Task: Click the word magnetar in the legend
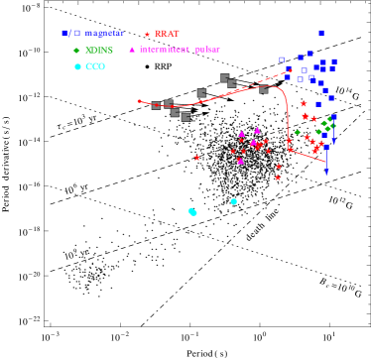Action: (103, 34)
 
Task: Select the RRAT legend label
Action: (167, 34)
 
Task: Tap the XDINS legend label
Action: (99, 50)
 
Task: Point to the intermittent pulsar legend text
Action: (180, 50)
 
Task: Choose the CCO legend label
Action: (95, 66)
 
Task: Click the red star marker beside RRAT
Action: (147, 34)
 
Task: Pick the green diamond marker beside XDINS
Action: (76, 50)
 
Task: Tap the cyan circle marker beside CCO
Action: (77, 66)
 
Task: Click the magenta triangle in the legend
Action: (132, 50)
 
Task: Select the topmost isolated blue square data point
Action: (321, 33)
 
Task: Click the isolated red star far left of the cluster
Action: (196, 157)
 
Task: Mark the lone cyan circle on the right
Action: (234, 201)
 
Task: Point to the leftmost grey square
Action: (156, 105)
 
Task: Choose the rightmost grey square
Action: (264, 89)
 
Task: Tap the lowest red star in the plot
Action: (278, 178)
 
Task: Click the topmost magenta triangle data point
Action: (257, 130)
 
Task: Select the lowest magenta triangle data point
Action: (240, 160)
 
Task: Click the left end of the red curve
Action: (139, 100)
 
